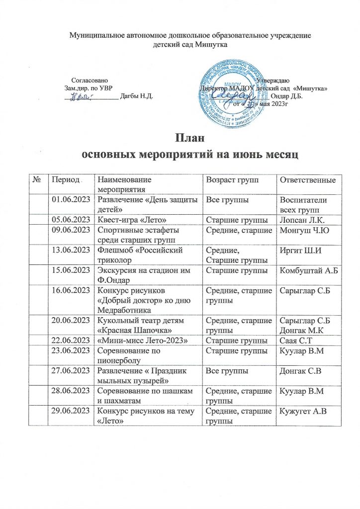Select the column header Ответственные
tap(307, 179)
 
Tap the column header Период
tap(62, 179)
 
